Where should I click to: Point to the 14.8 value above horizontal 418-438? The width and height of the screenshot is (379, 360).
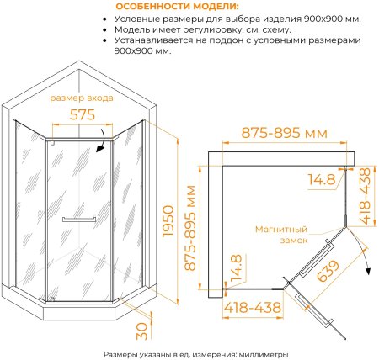coord(240,269)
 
